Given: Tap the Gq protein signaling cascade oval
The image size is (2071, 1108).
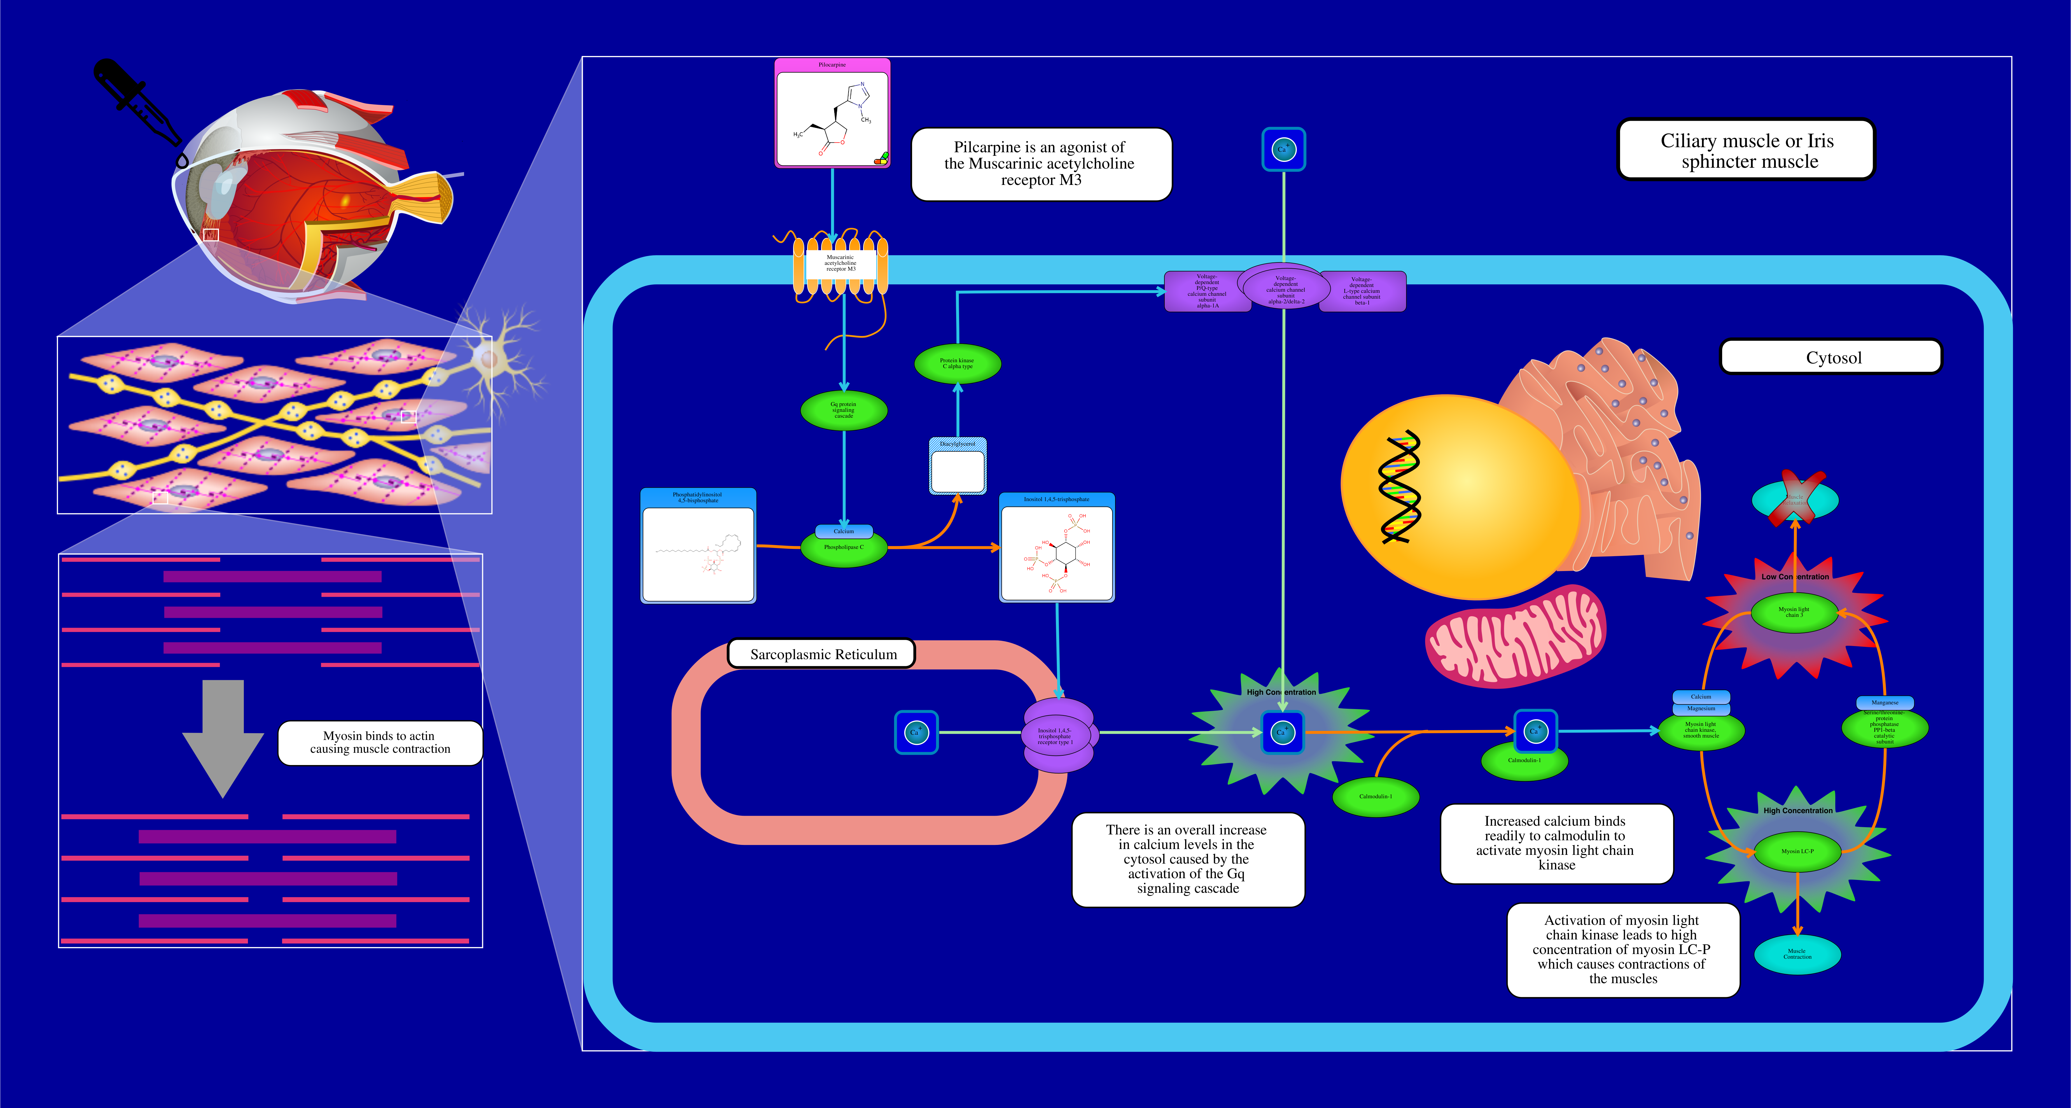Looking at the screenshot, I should point(843,410).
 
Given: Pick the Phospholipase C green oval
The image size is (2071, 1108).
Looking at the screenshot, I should point(843,548).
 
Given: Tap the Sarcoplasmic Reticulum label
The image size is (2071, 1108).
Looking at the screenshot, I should point(822,654).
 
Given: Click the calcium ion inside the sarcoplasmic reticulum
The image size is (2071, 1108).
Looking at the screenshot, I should point(916,733).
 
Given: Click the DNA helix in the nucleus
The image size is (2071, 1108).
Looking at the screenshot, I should point(1400,486).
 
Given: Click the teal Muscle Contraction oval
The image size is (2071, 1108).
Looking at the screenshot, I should point(1797,954).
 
